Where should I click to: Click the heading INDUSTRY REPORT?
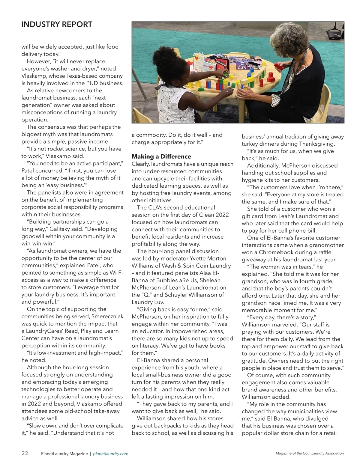click(x=57, y=25)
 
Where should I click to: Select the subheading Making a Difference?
click(x=161, y=156)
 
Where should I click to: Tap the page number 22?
click(x=25, y=453)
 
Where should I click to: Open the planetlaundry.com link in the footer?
click(x=111, y=454)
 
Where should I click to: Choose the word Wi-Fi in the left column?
click(x=116, y=273)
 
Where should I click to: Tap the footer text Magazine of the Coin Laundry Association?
click(x=310, y=454)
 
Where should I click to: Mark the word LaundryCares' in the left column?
click(x=45, y=331)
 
